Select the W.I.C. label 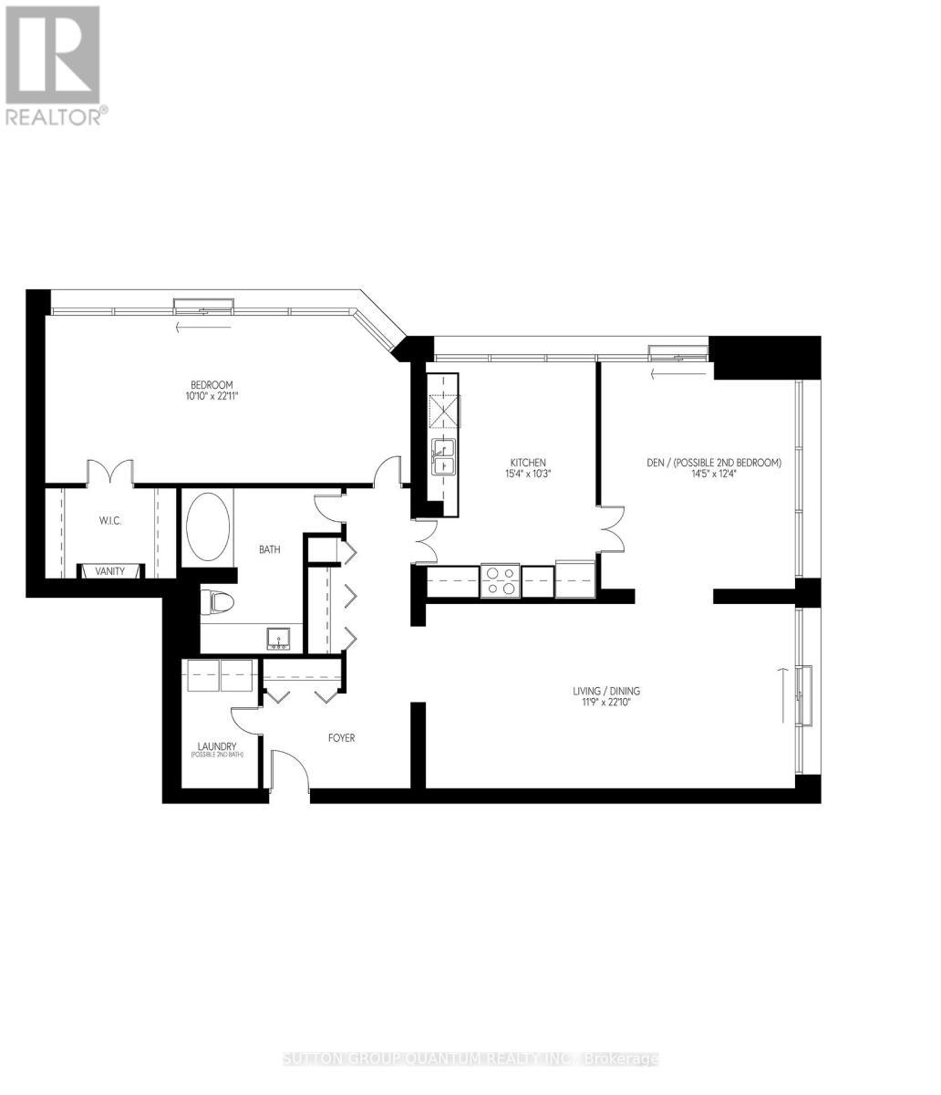point(110,520)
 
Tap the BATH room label point(269,549)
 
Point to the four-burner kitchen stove point(500,581)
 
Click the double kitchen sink point(444,456)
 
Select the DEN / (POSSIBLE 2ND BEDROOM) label point(714,463)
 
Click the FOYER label point(342,737)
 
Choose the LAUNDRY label point(219,746)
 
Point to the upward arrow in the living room point(781,693)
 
